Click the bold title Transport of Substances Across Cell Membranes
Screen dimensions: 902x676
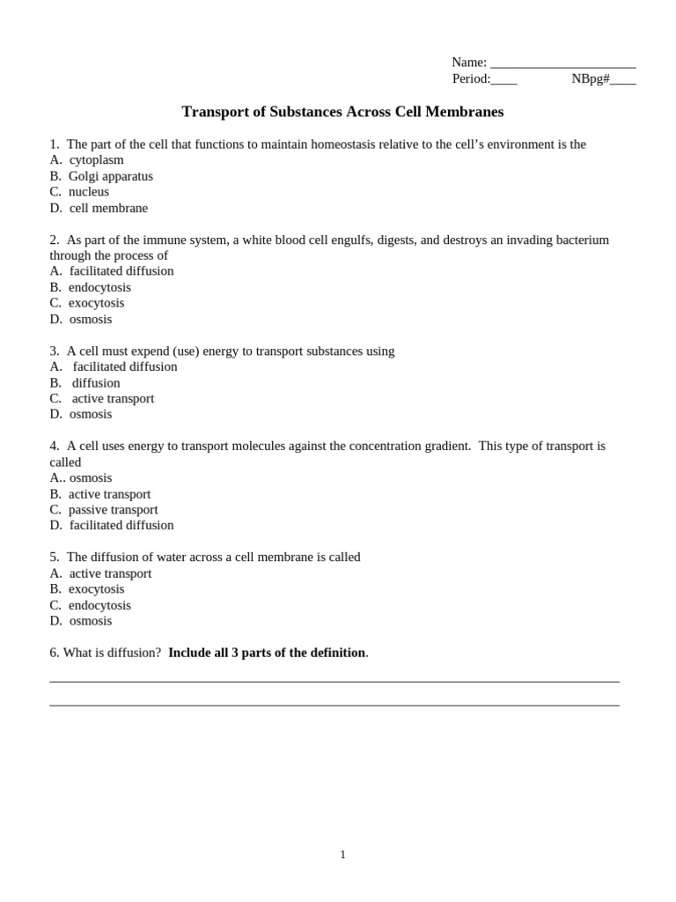tap(342, 112)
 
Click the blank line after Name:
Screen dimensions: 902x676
tap(562, 63)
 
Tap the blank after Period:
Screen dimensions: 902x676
tap(503, 80)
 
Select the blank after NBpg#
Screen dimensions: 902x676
tap(622, 80)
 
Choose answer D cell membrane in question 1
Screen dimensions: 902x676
tap(108, 208)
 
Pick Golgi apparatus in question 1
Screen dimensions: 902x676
tap(110, 176)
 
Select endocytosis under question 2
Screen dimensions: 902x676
tap(99, 287)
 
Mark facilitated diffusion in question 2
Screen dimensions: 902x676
tap(121, 271)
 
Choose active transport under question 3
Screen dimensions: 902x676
tap(113, 398)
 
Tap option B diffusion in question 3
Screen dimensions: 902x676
tap(96, 383)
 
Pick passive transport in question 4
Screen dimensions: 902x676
tap(113, 509)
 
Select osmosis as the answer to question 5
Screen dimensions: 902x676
tap(91, 621)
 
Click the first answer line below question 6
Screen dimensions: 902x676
tap(334, 681)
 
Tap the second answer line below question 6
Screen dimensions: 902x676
tap(334, 705)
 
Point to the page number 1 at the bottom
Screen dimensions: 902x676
tap(342, 854)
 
